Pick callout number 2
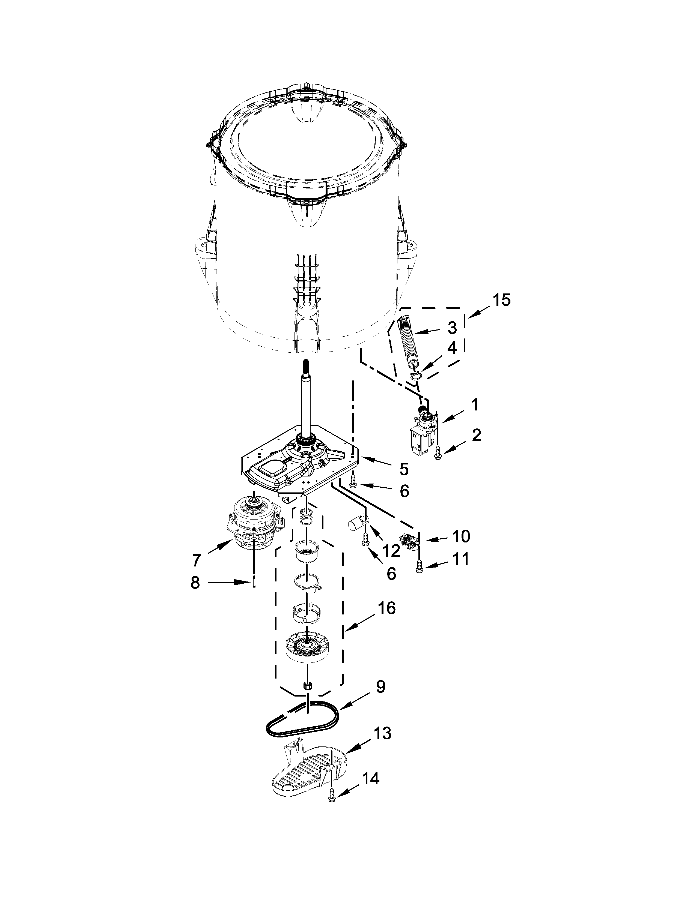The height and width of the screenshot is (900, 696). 476,435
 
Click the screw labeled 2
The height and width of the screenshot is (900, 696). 438,455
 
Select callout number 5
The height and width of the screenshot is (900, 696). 404,469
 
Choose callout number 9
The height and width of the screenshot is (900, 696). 380,686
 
